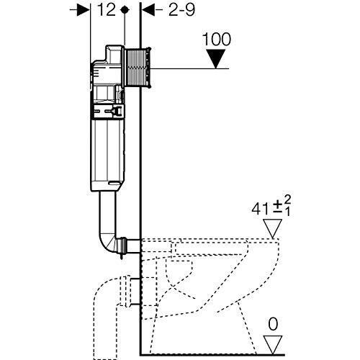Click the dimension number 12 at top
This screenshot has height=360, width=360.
coord(107,10)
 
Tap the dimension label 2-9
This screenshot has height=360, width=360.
coord(181,10)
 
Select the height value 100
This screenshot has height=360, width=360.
coord(217,39)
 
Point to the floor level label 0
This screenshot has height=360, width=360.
coord(273,324)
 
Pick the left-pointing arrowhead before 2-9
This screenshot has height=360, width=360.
coord(148,10)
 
